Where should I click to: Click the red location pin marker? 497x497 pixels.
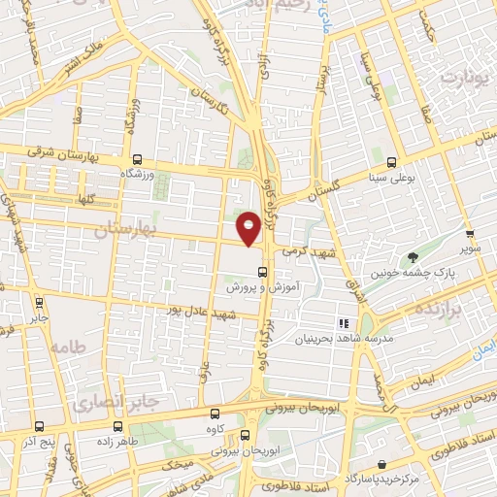(x=248, y=227)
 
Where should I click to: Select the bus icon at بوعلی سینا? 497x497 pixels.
(x=391, y=163)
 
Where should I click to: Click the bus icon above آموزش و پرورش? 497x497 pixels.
(x=261, y=272)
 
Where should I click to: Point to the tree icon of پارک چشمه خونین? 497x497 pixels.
(x=414, y=257)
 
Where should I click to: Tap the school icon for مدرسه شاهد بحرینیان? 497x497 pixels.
(x=343, y=322)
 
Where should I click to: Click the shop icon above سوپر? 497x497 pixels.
(x=470, y=234)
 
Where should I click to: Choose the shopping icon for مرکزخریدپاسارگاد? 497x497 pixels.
(x=384, y=465)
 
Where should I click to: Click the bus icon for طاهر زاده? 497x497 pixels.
(x=118, y=425)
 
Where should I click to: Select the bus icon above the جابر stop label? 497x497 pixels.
(x=39, y=302)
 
